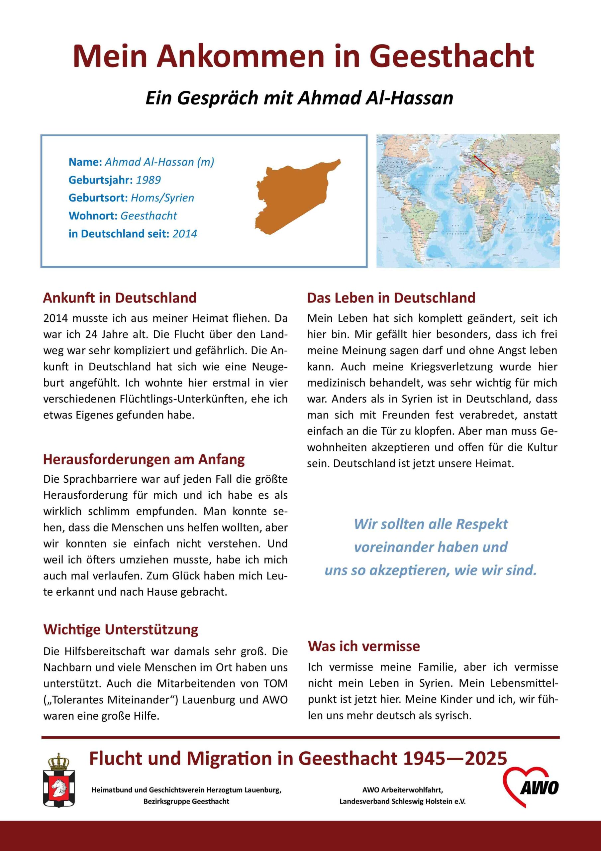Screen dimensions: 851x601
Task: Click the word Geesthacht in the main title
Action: [x=451, y=56]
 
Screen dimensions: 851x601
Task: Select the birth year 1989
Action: [x=148, y=180]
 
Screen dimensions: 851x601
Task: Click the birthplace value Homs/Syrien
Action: [x=162, y=198]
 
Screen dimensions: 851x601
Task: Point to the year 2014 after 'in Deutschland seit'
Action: [x=184, y=234]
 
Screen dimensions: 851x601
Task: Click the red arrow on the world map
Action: [x=484, y=164]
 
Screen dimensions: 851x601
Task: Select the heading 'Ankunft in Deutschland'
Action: [x=120, y=298]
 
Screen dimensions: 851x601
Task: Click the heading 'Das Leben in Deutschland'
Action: [x=391, y=298]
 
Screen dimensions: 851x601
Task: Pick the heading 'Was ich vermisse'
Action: [x=364, y=646]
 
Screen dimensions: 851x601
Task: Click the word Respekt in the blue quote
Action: [x=482, y=524]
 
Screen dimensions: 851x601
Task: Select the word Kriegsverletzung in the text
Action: [x=451, y=367]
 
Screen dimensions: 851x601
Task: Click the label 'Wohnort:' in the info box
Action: [x=93, y=216]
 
